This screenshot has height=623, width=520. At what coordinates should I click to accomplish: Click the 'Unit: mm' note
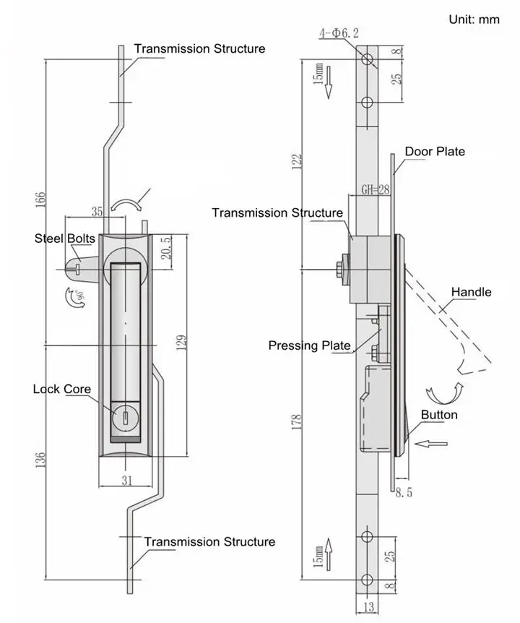474,20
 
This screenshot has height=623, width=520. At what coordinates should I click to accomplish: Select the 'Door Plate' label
434,151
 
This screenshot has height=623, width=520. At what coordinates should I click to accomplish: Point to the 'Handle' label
471,292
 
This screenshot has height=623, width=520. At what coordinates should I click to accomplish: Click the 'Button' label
439,415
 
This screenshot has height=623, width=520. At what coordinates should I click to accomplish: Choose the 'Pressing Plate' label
309,345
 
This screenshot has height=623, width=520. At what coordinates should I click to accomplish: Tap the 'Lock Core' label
61,389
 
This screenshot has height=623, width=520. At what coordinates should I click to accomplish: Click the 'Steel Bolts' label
64,239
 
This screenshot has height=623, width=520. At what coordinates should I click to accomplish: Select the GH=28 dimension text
376,190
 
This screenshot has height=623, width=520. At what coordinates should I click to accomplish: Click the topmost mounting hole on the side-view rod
367,58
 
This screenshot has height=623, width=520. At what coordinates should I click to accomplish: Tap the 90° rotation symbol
71,298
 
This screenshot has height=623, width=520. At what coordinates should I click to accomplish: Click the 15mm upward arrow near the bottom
327,557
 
